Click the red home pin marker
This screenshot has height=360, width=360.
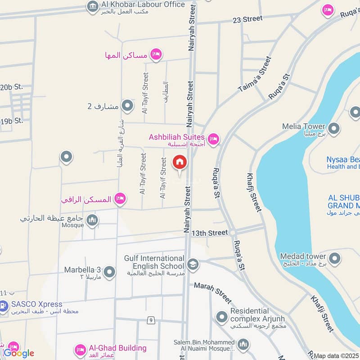pyautogui.click(x=179, y=162)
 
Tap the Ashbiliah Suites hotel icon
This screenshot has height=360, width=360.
pyautogui.click(x=213, y=139)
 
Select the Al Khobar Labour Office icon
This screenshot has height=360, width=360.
pyautogui.click(x=93, y=6)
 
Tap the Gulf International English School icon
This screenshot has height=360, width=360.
pyautogui.click(x=193, y=264)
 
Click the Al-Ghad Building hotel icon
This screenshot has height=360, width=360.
pyautogui.click(x=81, y=349)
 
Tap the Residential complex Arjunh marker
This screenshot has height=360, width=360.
pyautogui.click(x=221, y=317)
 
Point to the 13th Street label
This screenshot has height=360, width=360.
pyautogui.click(x=210, y=233)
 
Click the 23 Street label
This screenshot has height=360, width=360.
pyautogui.click(x=247, y=18)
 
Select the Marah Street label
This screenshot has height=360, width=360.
pyautogui.click(x=213, y=293)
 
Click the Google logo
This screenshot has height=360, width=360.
pyautogui.click(x=19, y=353)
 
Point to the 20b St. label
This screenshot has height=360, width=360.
pyautogui.click(x=11, y=87)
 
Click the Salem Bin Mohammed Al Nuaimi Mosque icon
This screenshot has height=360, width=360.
pyautogui.click(x=243, y=345)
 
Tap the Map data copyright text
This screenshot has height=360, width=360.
pyautogui.click(x=337, y=356)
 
